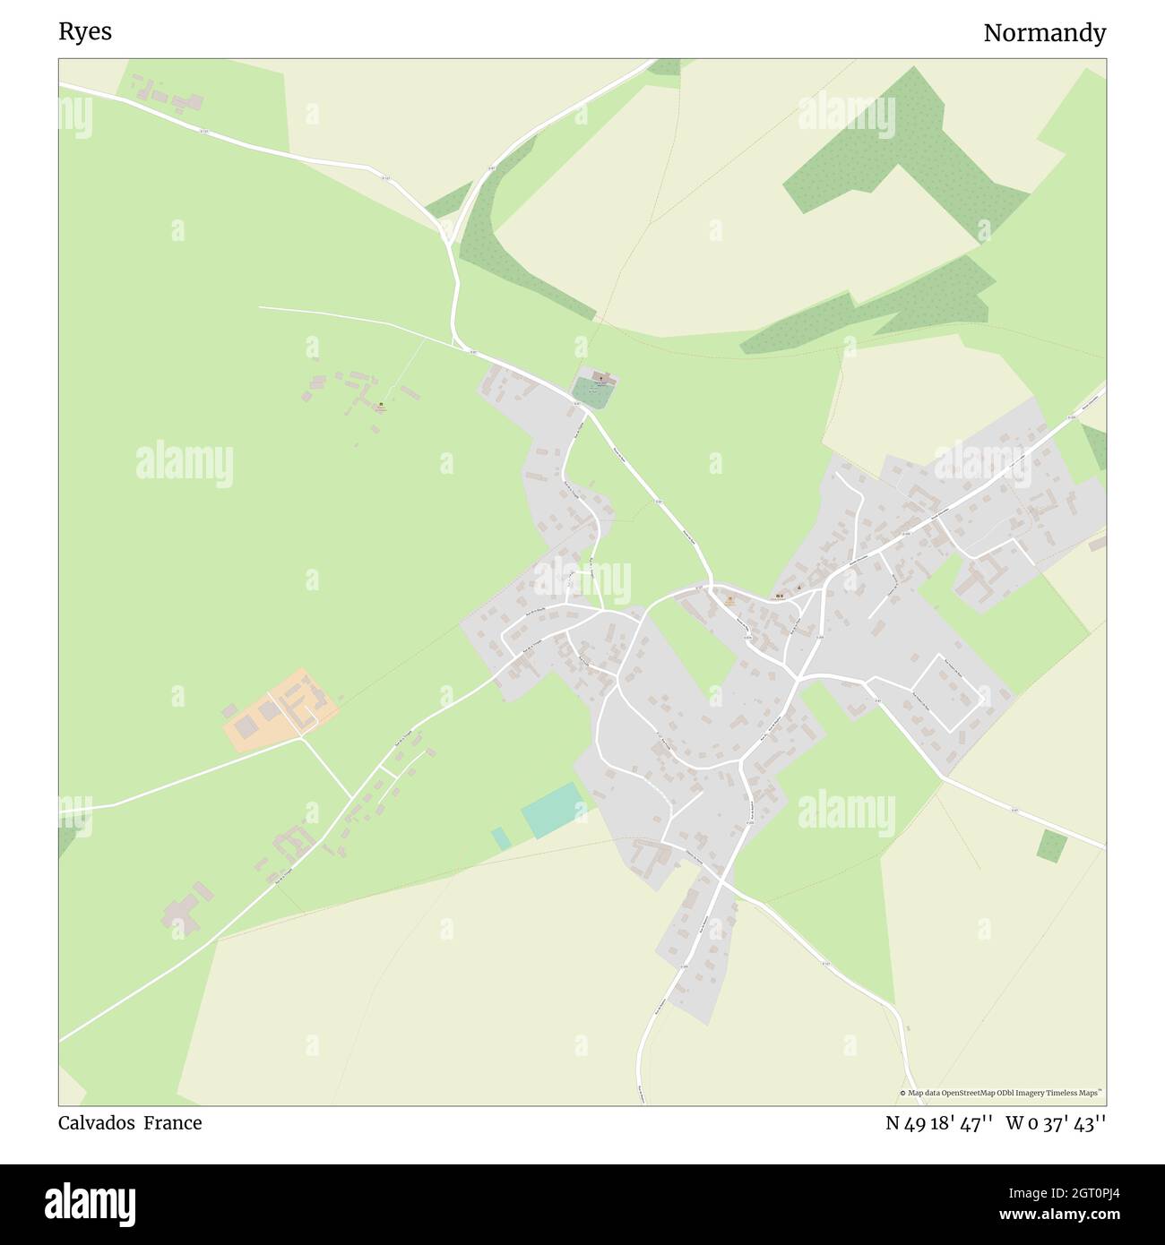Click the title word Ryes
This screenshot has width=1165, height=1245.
point(85,31)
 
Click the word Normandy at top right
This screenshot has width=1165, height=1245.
point(1044,33)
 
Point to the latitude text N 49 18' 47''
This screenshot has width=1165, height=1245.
point(938,1123)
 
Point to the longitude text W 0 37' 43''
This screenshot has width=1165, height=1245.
point(1056,1123)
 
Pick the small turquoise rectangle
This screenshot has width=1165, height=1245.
point(500,838)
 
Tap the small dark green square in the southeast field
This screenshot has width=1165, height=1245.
point(1052,846)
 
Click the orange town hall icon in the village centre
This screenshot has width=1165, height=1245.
point(729,599)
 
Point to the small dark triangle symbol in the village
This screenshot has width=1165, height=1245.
point(798,588)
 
